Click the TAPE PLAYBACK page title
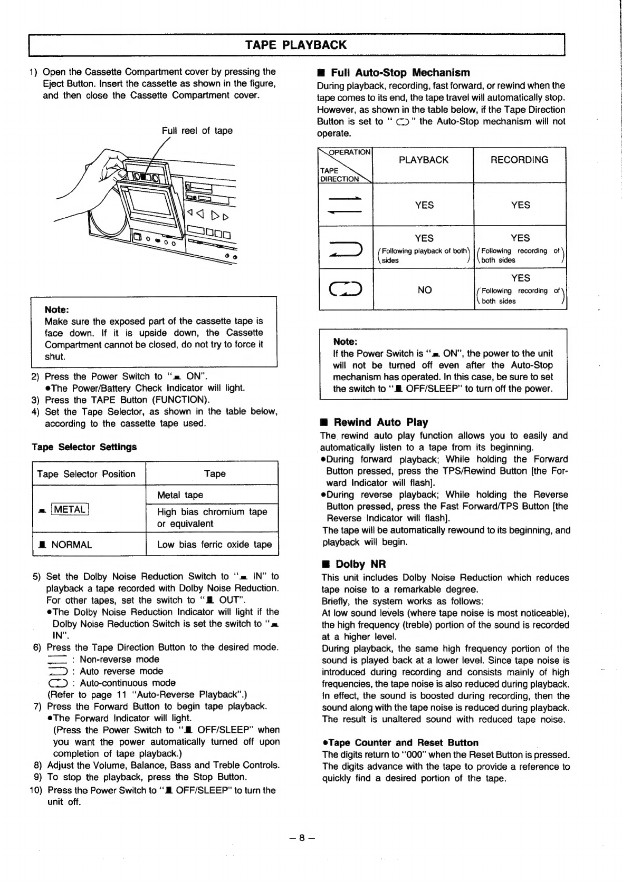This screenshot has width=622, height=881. coord(296,45)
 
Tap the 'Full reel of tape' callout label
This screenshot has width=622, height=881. coord(197,131)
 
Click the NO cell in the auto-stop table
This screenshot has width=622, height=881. coord(424,289)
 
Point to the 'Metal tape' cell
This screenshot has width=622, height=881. coord(180,495)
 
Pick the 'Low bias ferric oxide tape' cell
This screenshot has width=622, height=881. coord(214,545)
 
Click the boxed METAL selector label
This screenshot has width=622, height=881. coord(70,509)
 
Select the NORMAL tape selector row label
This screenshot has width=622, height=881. coord(71,545)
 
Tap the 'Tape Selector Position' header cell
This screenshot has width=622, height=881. coord(86,474)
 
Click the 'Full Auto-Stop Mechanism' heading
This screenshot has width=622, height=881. coord(400,73)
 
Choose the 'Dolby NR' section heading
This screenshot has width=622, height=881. coord(361,564)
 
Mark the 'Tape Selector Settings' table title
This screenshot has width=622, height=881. coord(84,447)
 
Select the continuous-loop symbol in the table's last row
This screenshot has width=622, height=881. coord(345,289)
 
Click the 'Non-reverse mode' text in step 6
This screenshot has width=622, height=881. coord(119,660)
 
